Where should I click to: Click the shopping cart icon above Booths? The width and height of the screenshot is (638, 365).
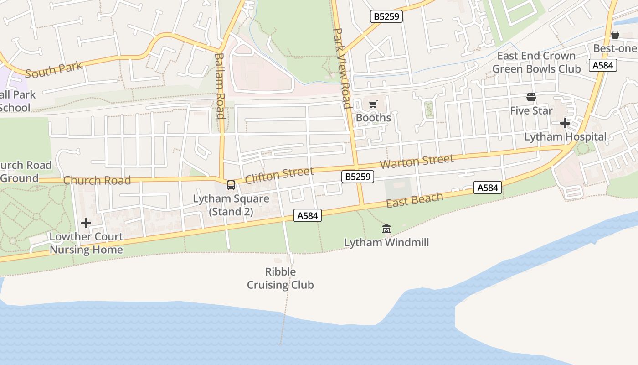[373, 104]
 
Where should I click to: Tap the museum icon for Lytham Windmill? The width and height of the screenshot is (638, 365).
[386, 229]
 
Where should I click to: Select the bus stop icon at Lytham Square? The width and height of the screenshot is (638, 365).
[231, 185]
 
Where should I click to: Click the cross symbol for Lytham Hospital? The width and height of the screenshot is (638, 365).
[565, 123]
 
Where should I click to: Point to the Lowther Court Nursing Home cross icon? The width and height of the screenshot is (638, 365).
[86, 223]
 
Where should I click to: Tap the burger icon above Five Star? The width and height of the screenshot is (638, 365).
[531, 97]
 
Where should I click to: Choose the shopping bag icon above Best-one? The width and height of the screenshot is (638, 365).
[615, 35]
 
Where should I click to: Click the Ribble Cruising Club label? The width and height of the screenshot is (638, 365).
[280, 278]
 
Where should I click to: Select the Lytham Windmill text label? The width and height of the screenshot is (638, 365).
[386, 242]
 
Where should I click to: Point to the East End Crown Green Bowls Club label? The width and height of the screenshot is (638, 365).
[536, 63]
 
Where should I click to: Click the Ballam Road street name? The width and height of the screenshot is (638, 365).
[220, 86]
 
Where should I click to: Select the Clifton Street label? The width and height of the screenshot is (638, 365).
[279, 175]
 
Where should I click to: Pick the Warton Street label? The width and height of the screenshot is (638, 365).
[417, 161]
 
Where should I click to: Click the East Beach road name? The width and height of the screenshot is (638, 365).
[414, 200]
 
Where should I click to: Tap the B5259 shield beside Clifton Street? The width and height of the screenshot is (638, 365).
[358, 177]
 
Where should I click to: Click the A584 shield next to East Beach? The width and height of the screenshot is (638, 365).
[488, 188]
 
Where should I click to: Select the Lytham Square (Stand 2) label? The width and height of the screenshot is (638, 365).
[231, 205]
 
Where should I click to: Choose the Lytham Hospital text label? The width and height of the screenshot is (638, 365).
[565, 137]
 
